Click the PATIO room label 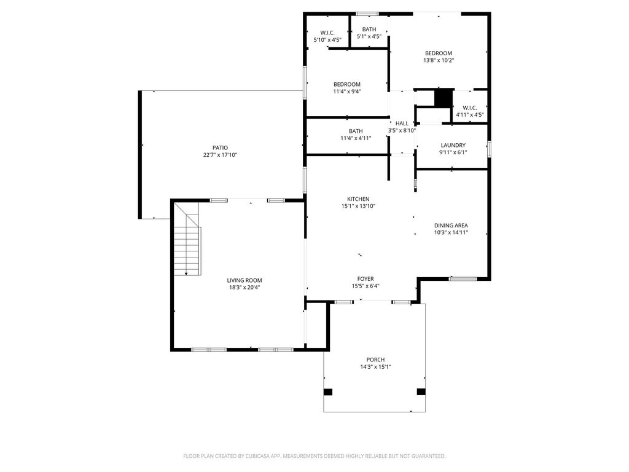coord(221,147)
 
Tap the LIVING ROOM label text coord(244,280)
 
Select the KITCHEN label coord(358,199)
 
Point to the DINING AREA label coord(451,226)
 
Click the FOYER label coord(365,279)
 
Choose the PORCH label coord(375,360)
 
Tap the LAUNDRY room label coord(453,145)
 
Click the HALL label coord(402,124)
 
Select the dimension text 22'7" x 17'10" coord(221,155)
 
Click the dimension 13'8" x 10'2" coord(439,60)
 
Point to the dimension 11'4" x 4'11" coord(356,138)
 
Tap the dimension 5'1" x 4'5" coord(369,36)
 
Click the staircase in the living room coord(187,240)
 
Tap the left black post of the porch coord(328,391)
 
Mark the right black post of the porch coord(421,391)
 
